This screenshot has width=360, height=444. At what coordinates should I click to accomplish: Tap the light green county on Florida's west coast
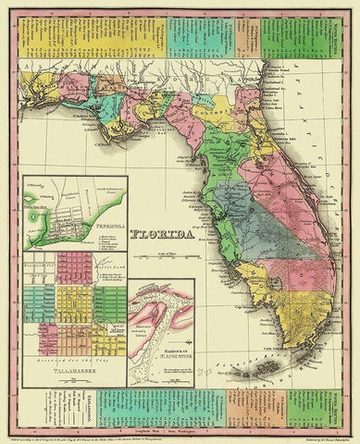coord(216,185)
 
